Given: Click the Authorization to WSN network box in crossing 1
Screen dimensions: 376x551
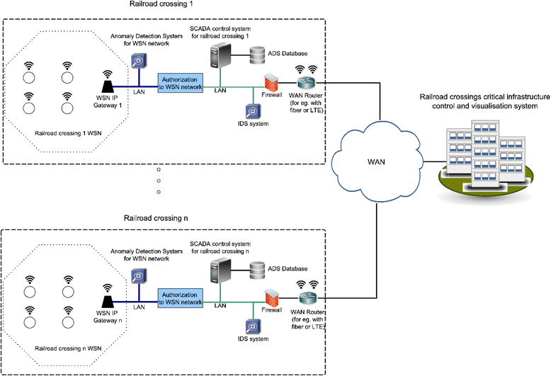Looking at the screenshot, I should (179, 81).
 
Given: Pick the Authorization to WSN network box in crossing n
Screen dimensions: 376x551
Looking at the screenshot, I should (179, 297).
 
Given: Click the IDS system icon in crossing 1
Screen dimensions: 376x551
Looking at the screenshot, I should (251, 112).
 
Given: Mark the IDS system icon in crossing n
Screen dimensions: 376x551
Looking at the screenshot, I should (251, 326).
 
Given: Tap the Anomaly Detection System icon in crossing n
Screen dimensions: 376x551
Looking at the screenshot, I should (140, 278).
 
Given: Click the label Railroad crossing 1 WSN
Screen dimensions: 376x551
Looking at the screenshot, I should (64, 132).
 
